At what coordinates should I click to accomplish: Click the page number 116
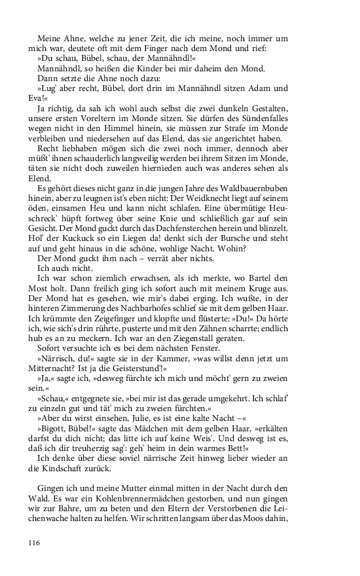click(x=35, y=542)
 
